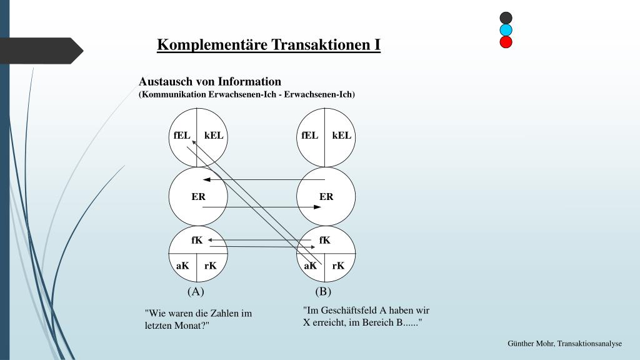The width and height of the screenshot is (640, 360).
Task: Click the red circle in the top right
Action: pos(506,42)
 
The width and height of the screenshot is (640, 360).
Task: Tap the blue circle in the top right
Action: pos(506,30)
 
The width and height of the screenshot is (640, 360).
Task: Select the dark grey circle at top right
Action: pos(506,18)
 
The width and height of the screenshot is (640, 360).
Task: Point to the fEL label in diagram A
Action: pos(182,135)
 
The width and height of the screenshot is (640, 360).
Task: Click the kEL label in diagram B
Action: pos(342,135)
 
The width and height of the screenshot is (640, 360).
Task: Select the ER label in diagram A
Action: pos(198,196)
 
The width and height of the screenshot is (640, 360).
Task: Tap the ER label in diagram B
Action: pos(326,196)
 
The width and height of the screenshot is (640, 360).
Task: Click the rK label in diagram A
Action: pos(211,266)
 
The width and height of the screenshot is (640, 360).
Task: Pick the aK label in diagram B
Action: pos(310,266)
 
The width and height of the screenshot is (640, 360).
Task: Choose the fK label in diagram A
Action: pos(197,240)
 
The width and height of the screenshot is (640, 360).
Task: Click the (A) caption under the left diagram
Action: pos(196,291)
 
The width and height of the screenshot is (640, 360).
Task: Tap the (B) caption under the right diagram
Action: pos(323,291)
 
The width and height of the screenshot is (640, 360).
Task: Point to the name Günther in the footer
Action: pos(522,344)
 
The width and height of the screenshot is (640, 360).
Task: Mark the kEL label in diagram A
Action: pos(214,135)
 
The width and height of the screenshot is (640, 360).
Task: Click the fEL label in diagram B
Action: pos(309,135)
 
